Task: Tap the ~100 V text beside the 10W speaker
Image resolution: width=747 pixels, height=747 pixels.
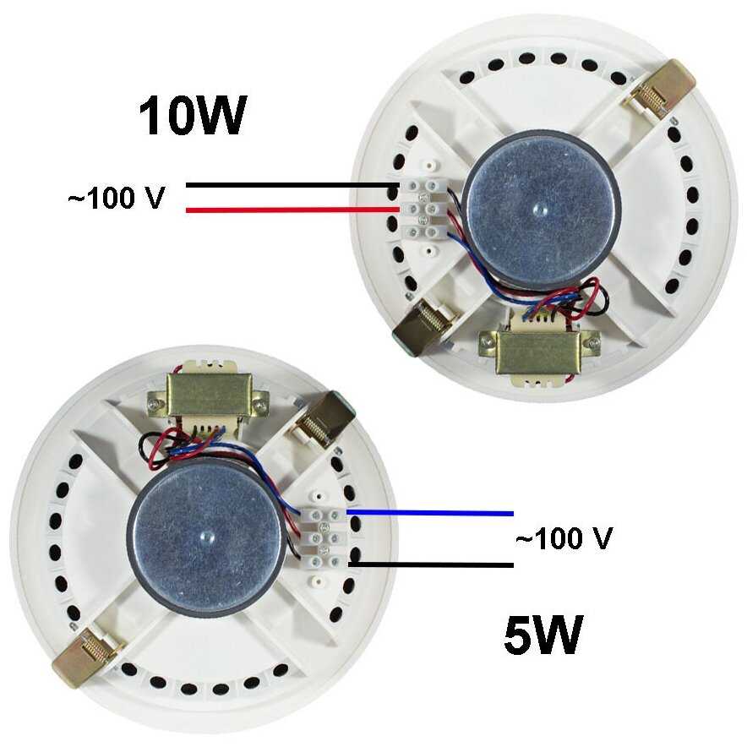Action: click(116, 199)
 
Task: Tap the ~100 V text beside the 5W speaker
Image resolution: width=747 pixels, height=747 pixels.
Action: click(563, 537)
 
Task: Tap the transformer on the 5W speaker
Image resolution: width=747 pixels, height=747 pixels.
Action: click(208, 396)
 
